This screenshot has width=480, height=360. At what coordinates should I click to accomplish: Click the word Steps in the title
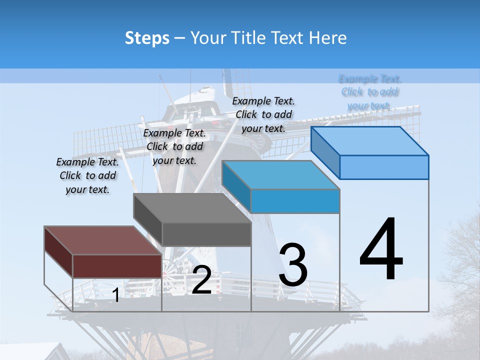click(147, 38)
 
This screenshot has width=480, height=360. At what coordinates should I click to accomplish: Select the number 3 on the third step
click(293, 265)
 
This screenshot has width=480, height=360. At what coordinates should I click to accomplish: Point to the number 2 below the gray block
click(201, 280)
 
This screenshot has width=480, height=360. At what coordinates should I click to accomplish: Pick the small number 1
click(116, 295)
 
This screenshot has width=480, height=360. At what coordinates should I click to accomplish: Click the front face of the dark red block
click(117, 266)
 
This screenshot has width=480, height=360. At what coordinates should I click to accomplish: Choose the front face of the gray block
click(206, 234)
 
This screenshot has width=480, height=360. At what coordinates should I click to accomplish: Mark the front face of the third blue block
click(295, 201)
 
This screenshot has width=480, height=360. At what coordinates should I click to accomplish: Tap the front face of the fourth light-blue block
click(384, 167)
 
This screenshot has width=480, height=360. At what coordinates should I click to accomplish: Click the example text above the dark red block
click(87, 175)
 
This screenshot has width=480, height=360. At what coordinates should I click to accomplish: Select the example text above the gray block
click(174, 146)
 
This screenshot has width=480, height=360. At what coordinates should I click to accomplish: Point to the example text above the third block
click(263, 114)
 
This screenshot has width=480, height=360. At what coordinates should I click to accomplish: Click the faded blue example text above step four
click(370, 92)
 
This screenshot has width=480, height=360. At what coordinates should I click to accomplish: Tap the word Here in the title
click(328, 38)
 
